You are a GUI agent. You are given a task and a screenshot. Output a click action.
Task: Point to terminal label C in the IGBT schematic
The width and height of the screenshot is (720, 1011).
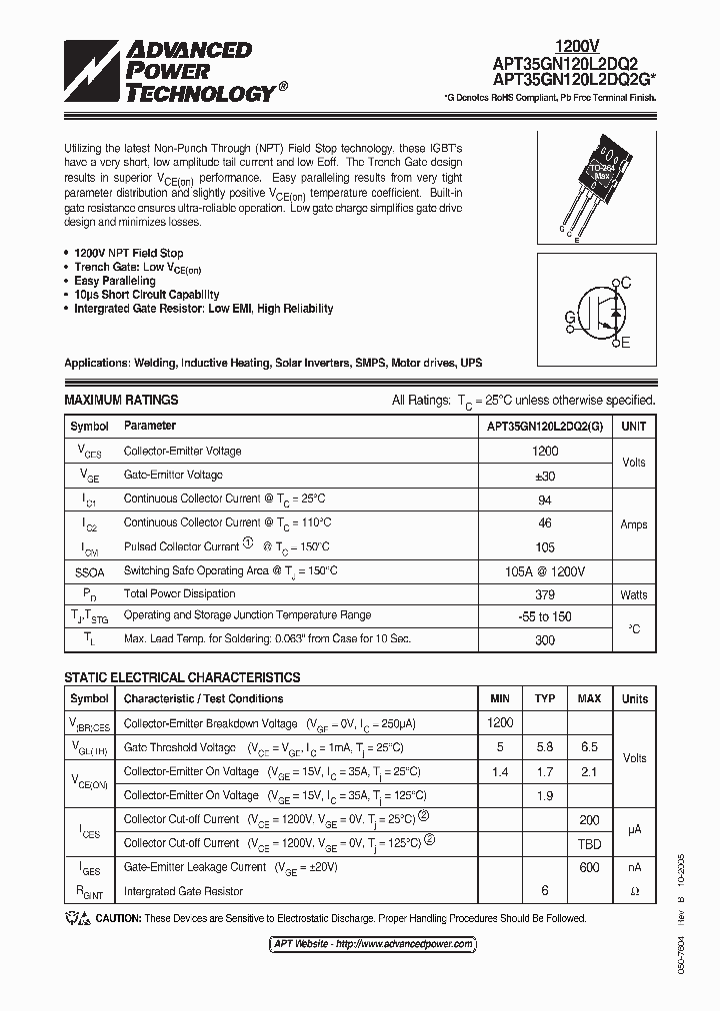(x=626, y=284)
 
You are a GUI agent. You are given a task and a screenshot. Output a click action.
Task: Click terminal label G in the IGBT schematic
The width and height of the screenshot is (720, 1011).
(x=570, y=318)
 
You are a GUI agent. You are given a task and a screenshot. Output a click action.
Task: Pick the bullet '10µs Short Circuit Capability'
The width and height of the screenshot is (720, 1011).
(x=146, y=295)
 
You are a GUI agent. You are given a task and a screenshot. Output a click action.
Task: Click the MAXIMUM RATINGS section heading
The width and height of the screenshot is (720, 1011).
(x=121, y=400)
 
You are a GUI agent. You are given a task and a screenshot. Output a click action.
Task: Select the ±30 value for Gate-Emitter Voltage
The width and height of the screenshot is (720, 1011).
(x=545, y=476)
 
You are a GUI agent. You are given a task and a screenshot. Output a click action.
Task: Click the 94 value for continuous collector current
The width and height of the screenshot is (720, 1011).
(x=545, y=499)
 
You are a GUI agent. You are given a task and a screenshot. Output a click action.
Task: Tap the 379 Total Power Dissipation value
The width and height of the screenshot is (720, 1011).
(x=545, y=594)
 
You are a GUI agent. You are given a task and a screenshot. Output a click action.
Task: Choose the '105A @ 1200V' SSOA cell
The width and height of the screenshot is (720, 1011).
(x=545, y=570)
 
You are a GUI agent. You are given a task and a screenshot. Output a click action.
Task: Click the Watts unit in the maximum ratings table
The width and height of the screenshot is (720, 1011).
(x=633, y=594)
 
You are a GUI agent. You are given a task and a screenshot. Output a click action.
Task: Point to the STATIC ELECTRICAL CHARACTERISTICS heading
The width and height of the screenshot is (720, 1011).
(x=182, y=677)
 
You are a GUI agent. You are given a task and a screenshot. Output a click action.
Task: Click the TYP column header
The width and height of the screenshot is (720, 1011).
(x=545, y=698)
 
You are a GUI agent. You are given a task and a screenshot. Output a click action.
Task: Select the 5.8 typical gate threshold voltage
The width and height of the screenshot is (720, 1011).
(x=545, y=747)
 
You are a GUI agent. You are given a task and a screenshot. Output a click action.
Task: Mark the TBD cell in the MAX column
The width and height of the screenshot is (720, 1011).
(x=589, y=843)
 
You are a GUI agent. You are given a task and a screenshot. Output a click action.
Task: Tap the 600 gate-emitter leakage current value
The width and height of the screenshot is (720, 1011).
(x=589, y=867)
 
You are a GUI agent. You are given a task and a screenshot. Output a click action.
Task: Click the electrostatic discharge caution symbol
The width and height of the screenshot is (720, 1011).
(x=77, y=918)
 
